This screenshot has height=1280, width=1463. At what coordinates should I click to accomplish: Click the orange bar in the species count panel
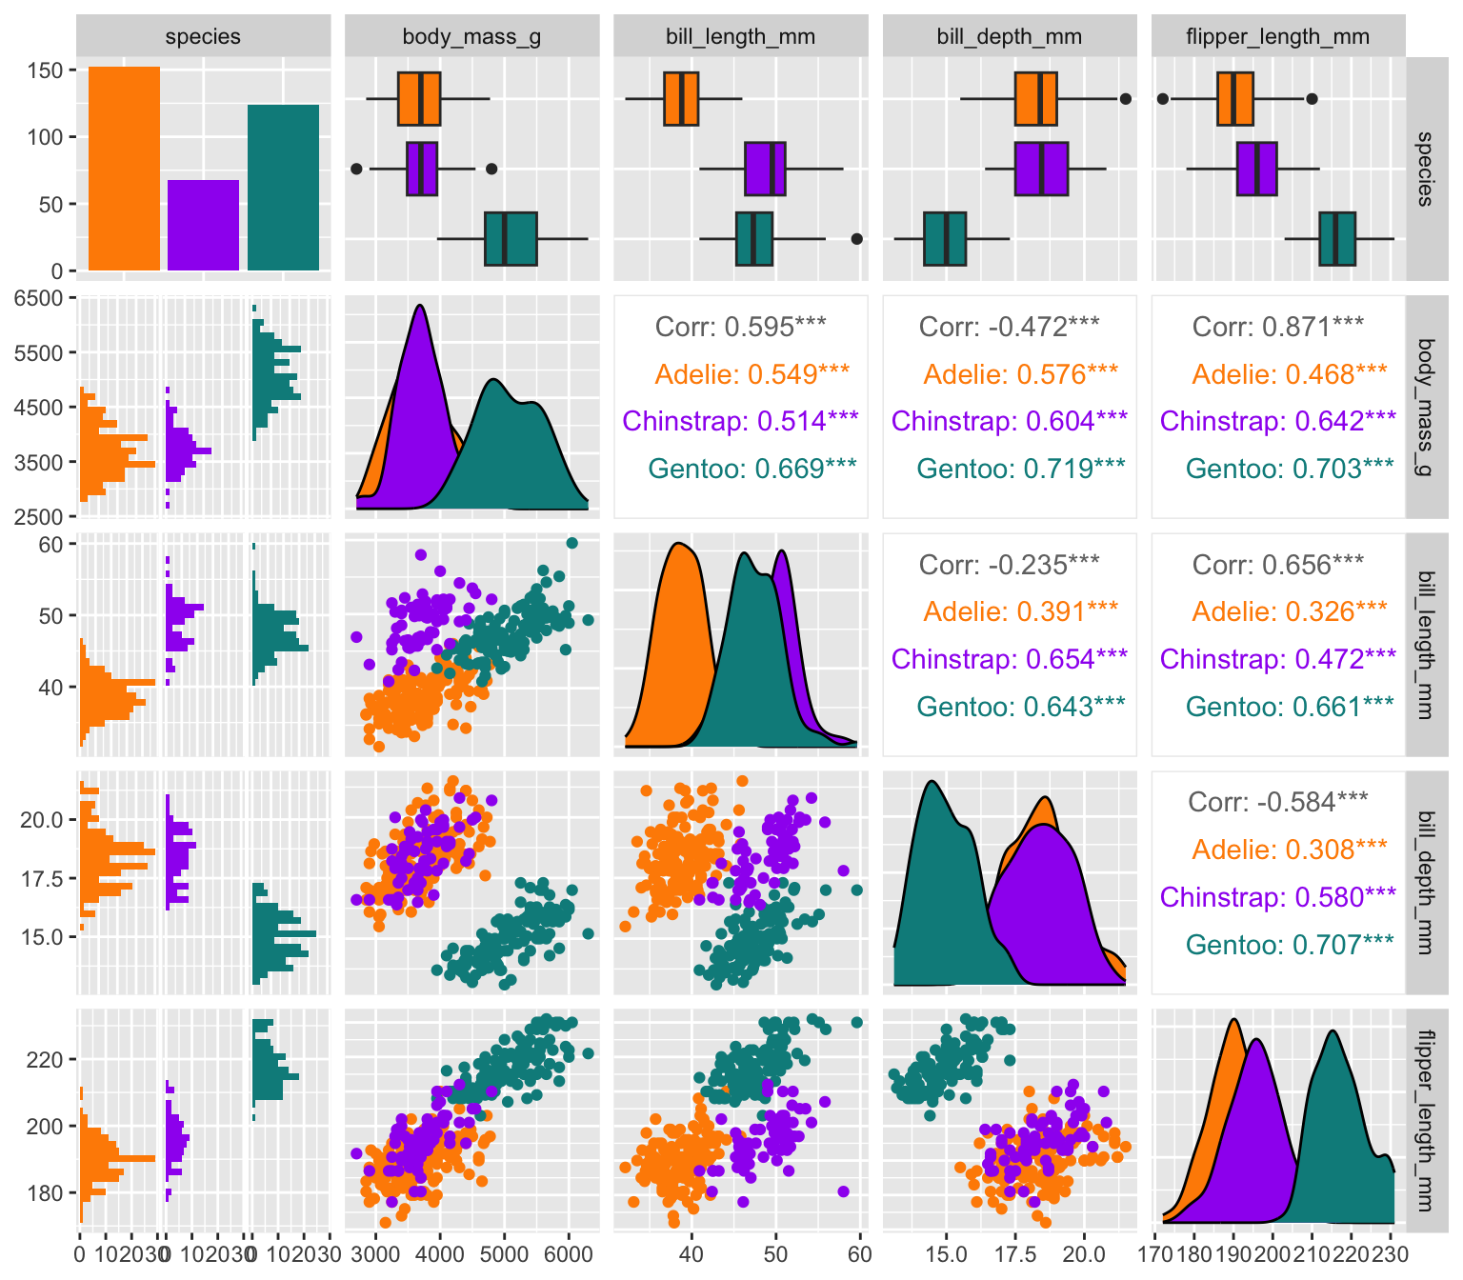pyautogui.click(x=124, y=169)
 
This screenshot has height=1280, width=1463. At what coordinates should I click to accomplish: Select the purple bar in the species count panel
pyautogui.click(x=203, y=225)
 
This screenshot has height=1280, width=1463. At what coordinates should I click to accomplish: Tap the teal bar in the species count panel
pyautogui.click(x=283, y=188)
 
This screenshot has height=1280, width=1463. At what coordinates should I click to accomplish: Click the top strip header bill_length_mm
pyautogui.click(x=740, y=37)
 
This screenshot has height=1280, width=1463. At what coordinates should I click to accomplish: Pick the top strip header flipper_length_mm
pyautogui.click(x=1277, y=37)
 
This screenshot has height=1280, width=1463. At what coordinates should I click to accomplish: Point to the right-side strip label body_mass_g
pyautogui.click(x=1425, y=407)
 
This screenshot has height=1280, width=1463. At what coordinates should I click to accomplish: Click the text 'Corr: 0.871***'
pyautogui.click(x=1277, y=328)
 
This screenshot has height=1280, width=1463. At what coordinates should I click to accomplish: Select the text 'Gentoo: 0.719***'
pyautogui.click(x=1021, y=469)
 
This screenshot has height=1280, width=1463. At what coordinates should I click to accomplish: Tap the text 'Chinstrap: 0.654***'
pyautogui.click(x=1009, y=659)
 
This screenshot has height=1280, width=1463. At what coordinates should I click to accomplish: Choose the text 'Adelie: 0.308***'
pyautogui.click(x=1290, y=850)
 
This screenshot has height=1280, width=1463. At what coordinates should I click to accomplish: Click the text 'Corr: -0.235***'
pyautogui.click(x=1009, y=565)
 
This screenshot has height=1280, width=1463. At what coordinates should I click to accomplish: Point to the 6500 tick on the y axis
pyautogui.click(x=38, y=298)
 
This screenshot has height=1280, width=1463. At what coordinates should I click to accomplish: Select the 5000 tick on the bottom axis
pyautogui.click(x=504, y=1253)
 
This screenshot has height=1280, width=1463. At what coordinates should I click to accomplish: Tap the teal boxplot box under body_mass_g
pyautogui.click(x=511, y=239)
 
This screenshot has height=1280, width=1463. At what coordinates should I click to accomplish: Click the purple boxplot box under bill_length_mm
pyautogui.click(x=765, y=169)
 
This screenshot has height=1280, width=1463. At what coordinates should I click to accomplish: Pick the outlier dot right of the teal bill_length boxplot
pyautogui.click(x=856, y=239)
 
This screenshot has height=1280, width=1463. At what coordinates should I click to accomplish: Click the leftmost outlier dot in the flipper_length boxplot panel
pyautogui.click(x=1163, y=98)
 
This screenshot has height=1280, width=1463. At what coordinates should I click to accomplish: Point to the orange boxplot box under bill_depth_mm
pyautogui.click(x=1035, y=98)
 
